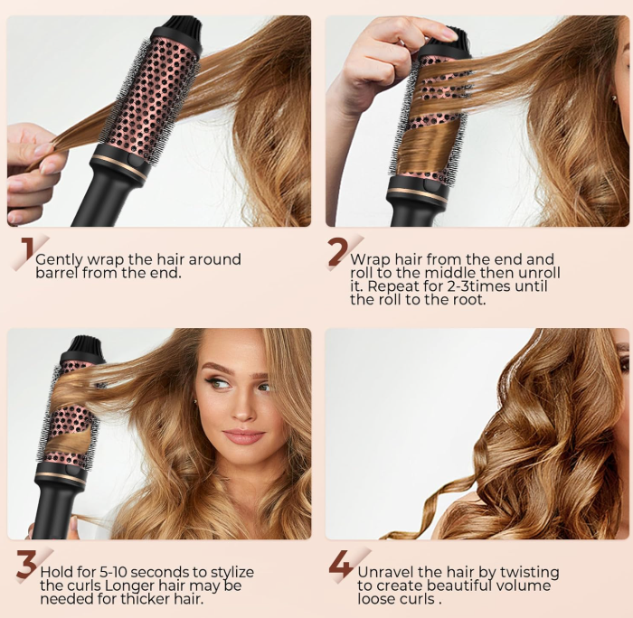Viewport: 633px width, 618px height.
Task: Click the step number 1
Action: tap(27, 253)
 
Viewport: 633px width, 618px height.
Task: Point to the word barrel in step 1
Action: tap(57, 273)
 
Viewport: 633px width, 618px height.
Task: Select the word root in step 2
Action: tap(466, 300)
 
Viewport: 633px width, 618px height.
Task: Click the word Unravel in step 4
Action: tap(386, 572)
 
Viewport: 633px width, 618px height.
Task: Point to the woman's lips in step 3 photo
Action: tap(241, 436)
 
